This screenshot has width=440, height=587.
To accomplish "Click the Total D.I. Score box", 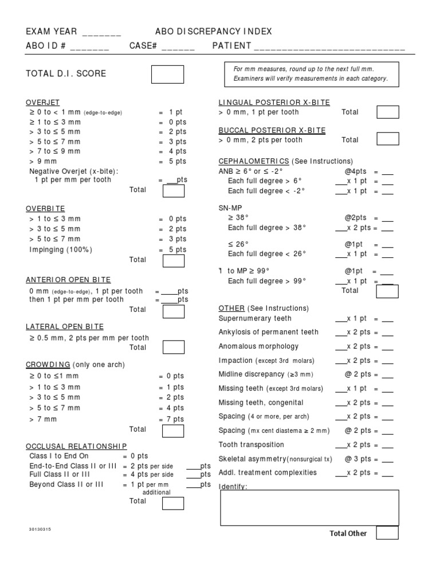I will click(x=167, y=74).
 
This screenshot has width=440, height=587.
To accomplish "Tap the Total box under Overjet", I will click(x=174, y=190).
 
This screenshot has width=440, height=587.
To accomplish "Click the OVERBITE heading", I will click(x=45, y=208).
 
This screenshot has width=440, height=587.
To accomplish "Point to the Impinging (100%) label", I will click(x=61, y=249).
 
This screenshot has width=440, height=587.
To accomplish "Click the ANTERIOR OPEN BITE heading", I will click(x=68, y=280).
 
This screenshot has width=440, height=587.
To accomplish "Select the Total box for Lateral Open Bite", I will click(x=174, y=347).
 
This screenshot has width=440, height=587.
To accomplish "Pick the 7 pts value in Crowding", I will click(x=175, y=419).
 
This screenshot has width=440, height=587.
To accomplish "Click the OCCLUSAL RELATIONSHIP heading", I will click(x=76, y=446).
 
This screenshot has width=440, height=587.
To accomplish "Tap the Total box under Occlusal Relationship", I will click(x=173, y=503).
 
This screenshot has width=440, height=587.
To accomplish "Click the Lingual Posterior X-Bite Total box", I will click(x=388, y=112).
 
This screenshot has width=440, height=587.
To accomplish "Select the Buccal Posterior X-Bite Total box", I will click(x=388, y=139).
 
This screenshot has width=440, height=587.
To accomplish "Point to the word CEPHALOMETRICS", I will click(x=254, y=161).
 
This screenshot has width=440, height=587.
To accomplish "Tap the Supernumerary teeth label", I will click(x=255, y=318).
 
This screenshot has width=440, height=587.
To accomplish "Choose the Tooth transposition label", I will click(x=251, y=445).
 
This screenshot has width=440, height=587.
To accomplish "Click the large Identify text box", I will click(x=309, y=508).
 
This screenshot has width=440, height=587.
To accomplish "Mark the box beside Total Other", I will click(x=387, y=533).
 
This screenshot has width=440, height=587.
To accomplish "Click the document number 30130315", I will click(x=40, y=529).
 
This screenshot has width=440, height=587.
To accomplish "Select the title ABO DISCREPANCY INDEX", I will click(x=214, y=32).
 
